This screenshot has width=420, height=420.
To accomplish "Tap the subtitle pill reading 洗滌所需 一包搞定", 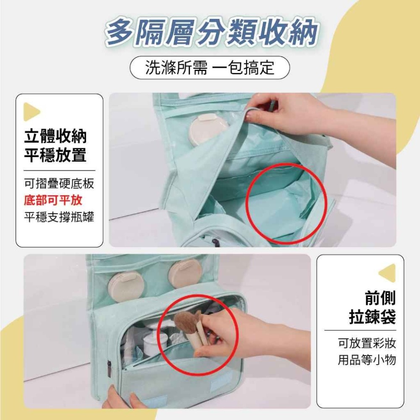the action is pyautogui.click(x=210, y=68).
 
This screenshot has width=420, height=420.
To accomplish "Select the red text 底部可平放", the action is pyautogui.click(x=53, y=200).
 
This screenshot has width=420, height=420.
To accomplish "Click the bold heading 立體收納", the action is pyautogui.click(x=55, y=136).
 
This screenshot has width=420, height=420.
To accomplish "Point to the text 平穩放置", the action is pyautogui.click(x=55, y=155).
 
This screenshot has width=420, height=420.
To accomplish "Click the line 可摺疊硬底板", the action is pyautogui.click(x=59, y=184).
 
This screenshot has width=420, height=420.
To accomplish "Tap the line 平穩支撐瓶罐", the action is pyautogui.click(x=59, y=217).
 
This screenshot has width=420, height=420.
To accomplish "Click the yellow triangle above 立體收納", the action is pyautogui.click(x=31, y=112).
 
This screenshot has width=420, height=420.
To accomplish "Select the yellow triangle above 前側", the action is pyautogui.click(x=388, y=273).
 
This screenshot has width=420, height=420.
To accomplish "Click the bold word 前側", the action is pyautogui.click(x=380, y=298).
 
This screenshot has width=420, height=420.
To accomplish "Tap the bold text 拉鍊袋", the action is pyautogui.click(x=373, y=316).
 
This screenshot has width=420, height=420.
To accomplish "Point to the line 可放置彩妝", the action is pyautogui.click(x=367, y=343).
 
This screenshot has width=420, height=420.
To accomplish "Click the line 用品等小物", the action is pyautogui.click(x=367, y=360).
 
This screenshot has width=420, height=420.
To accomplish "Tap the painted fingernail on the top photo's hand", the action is pyautogui.click(x=251, y=116).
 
